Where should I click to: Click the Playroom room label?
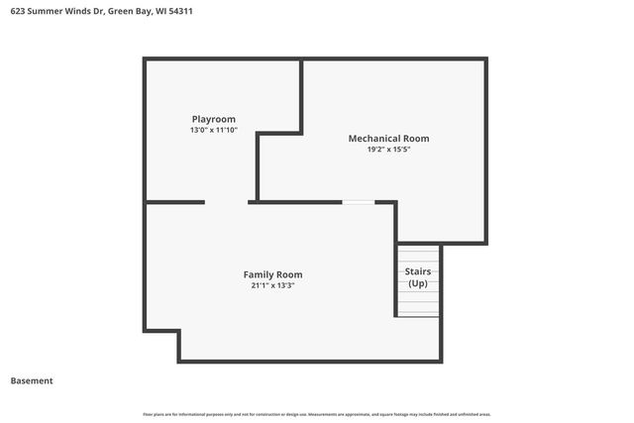[x=214, y=119]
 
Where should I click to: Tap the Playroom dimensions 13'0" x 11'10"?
[x=214, y=130]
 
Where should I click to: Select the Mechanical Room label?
[x=388, y=139]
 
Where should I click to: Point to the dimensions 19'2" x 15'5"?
[x=388, y=150]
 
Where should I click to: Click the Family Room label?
[x=272, y=274]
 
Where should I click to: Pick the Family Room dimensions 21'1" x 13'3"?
[x=272, y=285]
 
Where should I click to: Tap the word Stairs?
[x=417, y=271]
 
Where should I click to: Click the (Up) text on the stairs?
[x=417, y=283]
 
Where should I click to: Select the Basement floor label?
[x=32, y=380]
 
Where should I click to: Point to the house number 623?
[x=19, y=13]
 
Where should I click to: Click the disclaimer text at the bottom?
[x=317, y=414]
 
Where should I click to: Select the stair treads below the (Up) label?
[x=418, y=304]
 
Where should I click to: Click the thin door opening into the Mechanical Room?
[x=359, y=202]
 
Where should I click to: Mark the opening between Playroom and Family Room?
[x=226, y=202]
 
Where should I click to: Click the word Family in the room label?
[x=258, y=274]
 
